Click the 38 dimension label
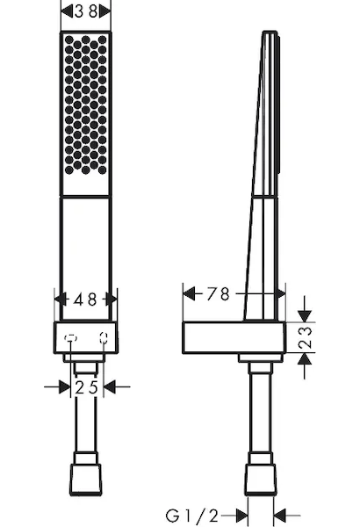(x=86, y=11)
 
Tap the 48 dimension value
(x=85, y=300)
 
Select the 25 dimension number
(x=86, y=387)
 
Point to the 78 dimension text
(x=218, y=293)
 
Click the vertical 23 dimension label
(x=305, y=337)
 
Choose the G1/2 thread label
(x=192, y=516)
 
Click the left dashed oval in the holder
(x=70, y=338)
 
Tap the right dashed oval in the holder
(x=104, y=338)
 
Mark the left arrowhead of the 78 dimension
(x=189, y=293)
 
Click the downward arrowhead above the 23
(x=305, y=316)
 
